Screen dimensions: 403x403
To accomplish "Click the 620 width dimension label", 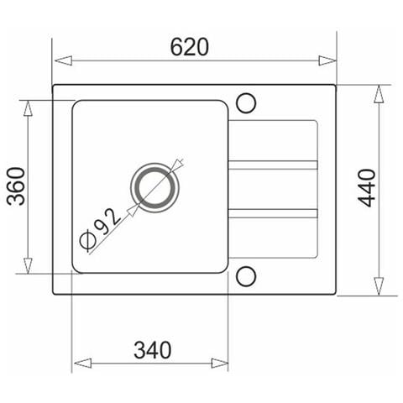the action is (190, 47).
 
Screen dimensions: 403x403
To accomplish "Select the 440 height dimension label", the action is (366, 188).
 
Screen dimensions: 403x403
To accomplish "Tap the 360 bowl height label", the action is (16, 186).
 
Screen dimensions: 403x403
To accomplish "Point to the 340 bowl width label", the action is (152, 350).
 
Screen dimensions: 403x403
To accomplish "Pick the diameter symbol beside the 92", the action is (86, 240).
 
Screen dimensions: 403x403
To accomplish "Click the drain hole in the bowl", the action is (154, 188).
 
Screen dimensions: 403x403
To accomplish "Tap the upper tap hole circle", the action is (246, 103).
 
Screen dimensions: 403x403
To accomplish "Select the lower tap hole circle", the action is (246, 276).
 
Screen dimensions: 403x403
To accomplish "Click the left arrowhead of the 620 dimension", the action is (63, 60).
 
